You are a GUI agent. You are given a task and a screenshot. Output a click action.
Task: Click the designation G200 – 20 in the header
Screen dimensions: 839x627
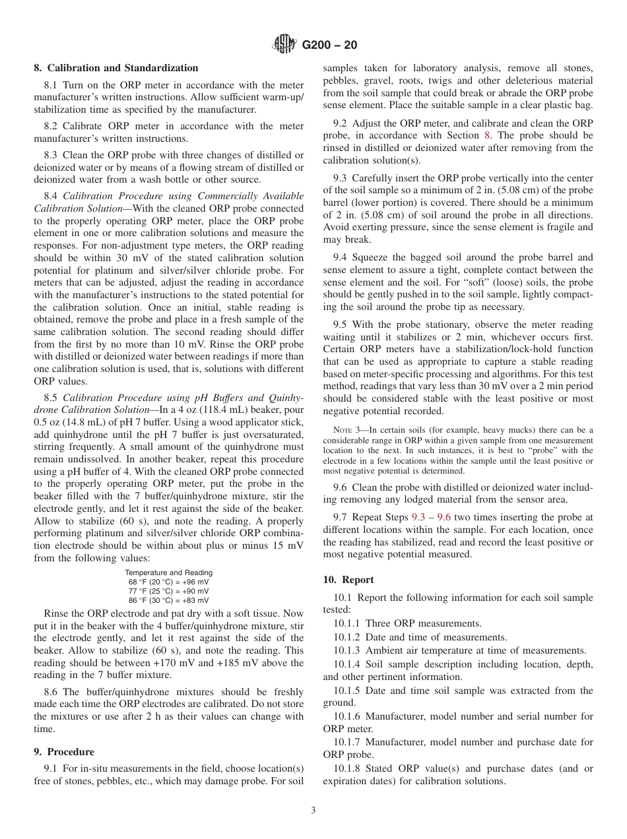pos(329,46)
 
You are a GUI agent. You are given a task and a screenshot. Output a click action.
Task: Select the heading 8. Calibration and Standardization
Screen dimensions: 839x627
pos(115,68)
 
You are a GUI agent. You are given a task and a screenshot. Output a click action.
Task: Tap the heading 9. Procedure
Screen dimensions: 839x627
pos(64,752)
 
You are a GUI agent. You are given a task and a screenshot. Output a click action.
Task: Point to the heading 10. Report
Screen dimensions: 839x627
pos(348,580)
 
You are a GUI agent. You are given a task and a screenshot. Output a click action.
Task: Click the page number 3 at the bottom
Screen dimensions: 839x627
pos(313,811)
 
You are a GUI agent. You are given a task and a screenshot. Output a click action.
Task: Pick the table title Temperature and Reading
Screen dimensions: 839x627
pos(168,573)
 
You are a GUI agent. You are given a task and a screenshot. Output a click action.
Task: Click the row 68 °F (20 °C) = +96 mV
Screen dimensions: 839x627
pos(168,582)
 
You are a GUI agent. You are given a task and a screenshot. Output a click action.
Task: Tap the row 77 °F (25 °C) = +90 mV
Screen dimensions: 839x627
pos(168,591)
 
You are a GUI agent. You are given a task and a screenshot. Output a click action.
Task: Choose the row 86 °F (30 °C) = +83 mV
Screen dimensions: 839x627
pos(168,600)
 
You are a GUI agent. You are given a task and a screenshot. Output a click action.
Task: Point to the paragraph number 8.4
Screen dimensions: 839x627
pos(51,196)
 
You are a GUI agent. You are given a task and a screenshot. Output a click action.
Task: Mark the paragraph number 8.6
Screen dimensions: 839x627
pos(51,692)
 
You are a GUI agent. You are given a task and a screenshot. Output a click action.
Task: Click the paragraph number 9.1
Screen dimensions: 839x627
pos(51,768)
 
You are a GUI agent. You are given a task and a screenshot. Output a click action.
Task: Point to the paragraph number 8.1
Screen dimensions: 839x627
pos(51,85)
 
